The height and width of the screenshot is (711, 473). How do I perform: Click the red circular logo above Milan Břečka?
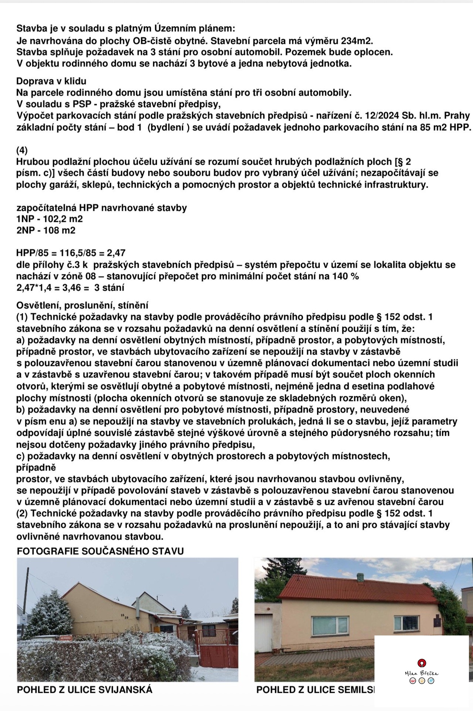click(422, 662)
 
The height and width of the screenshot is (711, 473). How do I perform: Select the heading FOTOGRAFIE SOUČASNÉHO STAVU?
click(100, 551)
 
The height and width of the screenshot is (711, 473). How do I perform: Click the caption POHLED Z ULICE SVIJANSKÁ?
click(85, 690)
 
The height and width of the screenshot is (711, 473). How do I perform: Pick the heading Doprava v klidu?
click(51, 81)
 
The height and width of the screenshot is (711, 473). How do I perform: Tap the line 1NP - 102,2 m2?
click(50, 219)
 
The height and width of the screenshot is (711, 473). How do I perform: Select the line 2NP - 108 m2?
click(46, 230)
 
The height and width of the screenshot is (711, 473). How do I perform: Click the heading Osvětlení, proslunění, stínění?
click(82, 305)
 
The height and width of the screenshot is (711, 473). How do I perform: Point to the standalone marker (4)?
click(22, 150)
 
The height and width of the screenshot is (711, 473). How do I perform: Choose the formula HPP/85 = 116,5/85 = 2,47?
click(71, 253)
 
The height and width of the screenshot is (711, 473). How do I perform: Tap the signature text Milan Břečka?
click(422, 673)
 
